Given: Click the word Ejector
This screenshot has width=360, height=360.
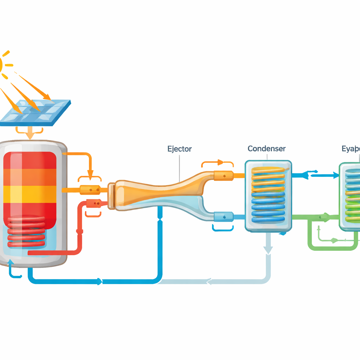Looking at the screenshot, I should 179,149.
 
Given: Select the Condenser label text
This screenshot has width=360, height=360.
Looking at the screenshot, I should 266,148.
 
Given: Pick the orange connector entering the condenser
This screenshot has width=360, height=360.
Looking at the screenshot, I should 223,175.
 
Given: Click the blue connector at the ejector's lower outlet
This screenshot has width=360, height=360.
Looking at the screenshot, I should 223,216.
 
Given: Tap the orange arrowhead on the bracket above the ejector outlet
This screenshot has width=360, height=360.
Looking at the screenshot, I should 220,162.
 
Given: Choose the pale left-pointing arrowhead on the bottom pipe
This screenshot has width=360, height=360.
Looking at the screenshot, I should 208,281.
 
